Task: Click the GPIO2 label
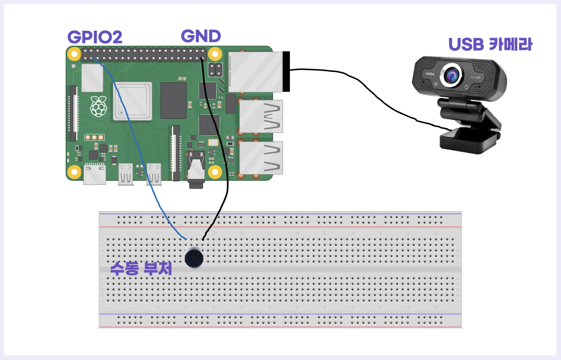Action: coord(95,37)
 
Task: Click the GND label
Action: coord(201,36)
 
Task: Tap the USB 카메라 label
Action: coord(490,44)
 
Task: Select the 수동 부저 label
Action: coord(141,268)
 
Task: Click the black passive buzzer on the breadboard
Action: coord(194,258)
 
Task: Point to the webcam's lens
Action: coord(451,76)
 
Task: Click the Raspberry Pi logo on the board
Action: coord(98,106)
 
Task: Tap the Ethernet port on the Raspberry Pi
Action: coord(255,72)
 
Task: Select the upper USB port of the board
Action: coord(261,116)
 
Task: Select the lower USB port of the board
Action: coord(261,158)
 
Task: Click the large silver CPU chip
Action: coord(132,101)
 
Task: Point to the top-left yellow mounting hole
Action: coord(74,54)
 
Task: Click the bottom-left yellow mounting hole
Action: coord(74,172)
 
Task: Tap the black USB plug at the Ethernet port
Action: coord(286,72)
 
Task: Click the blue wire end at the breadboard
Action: coord(185,239)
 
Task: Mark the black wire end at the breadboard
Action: coord(203,239)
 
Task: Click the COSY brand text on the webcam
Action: coord(430,74)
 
